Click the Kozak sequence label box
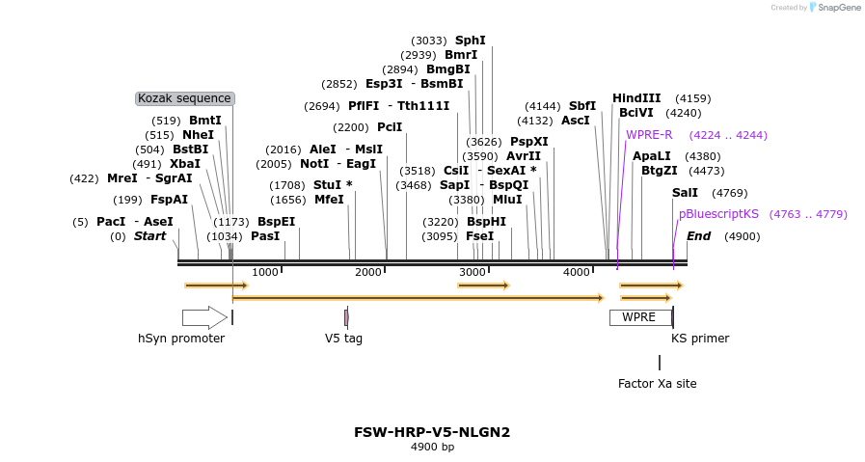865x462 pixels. tap(185, 98)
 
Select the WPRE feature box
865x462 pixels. tap(639, 317)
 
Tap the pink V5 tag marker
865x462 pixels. tap(346, 317)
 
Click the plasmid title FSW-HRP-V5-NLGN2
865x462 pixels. tap(432, 432)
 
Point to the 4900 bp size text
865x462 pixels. tap(432, 447)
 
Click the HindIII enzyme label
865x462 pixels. tap(636, 98)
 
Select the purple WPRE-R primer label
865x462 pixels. tap(649, 135)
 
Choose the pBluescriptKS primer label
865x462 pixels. tap(718, 214)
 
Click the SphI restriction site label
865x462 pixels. tap(471, 41)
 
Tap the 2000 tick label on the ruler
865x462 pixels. tap(368, 273)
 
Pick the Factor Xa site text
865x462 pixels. tap(657, 384)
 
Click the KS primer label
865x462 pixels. tap(700, 339)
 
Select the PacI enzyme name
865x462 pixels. tap(111, 222)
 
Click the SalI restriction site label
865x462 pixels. tap(685, 193)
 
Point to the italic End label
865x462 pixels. tap(698, 236)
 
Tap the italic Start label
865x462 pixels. tap(149, 236)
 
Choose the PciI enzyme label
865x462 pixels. tap(390, 127)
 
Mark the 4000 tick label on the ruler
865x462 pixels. tap(577, 273)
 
